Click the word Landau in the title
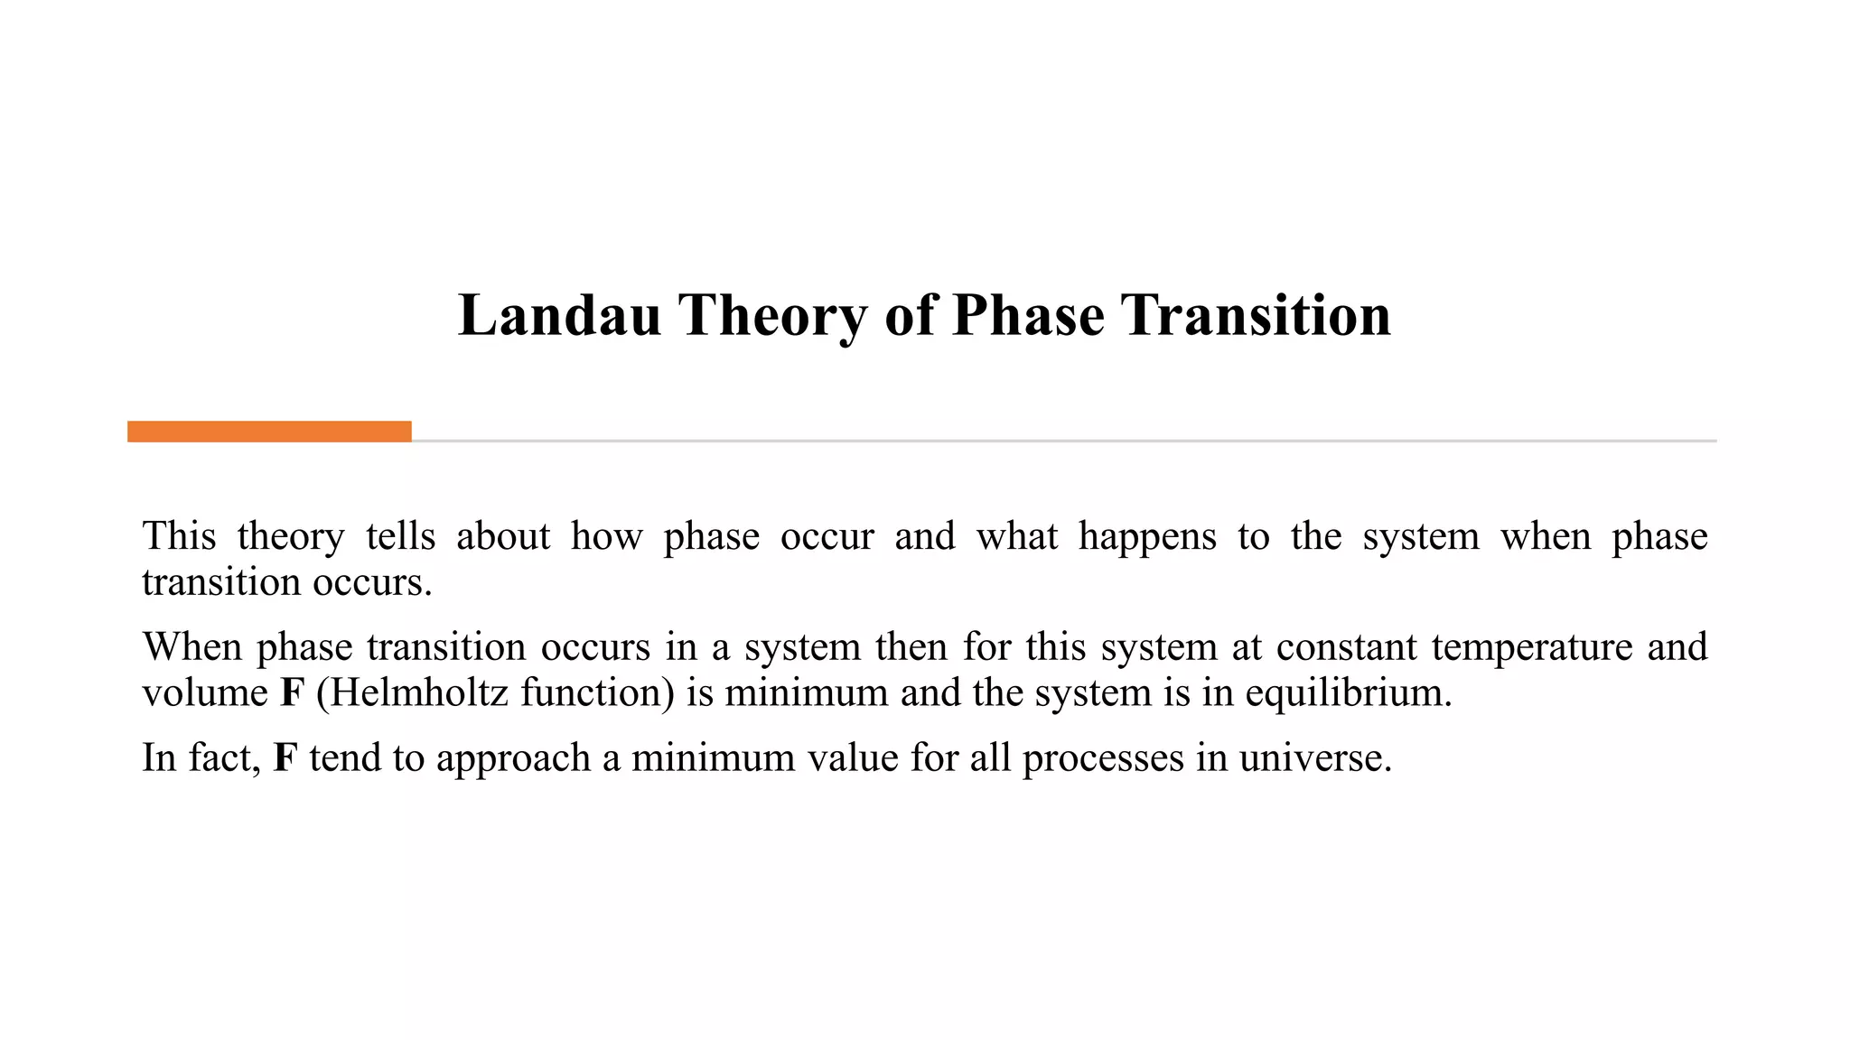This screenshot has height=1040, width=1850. click(560, 316)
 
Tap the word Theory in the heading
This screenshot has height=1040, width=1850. click(772, 316)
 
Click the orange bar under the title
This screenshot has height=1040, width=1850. click(269, 432)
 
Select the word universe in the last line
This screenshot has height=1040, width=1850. click(1314, 757)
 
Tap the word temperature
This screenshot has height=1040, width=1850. click(1532, 647)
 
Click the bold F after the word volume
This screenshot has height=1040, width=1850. click(292, 693)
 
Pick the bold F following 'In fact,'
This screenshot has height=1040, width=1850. click(285, 757)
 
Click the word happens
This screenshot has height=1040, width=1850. click(1147, 537)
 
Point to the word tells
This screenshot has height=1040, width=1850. click(400, 537)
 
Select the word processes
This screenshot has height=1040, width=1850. click(1103, 757)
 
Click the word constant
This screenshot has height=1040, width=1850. click(1346, 647)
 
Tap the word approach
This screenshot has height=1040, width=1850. click(513, 757)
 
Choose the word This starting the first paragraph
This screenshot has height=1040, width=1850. click(179, 537)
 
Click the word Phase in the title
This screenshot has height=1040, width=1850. click(1028, 316)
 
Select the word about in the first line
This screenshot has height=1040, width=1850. click(503, 537)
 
